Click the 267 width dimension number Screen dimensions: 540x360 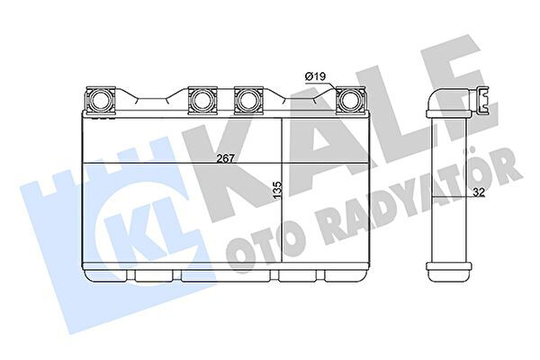[x=226, y=158]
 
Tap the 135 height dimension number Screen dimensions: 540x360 [x=277, y=191]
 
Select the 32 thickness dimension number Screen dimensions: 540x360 [x=479, y=193]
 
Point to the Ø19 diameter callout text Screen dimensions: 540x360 [x=315, y=76]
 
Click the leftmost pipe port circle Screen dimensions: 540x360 [x=100, y=100]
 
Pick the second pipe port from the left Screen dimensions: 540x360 [x=202, y=100]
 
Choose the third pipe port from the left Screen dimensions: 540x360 [x=248, y=100]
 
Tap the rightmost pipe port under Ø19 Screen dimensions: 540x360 [x=350, y=100]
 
